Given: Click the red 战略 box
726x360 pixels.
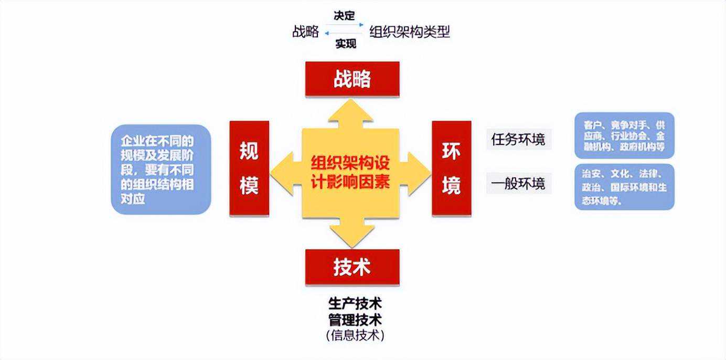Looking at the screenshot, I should click(x=352, y=79).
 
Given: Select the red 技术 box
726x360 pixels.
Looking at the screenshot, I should click(x=352, y=267).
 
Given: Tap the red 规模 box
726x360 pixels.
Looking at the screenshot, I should click(x=249, y=168).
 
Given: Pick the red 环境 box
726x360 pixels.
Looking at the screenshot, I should click(x=451, y=168).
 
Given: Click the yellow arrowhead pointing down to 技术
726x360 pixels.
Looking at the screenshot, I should click(x=351, y=236).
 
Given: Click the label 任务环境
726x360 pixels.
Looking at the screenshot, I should click(x=518, y=140).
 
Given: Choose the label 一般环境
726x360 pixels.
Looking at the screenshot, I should click(x=518, y=184).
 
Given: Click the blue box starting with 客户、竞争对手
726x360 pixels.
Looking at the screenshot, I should click(x=624, y=135).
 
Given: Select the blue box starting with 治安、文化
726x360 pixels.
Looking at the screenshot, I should click(x=624, y=187).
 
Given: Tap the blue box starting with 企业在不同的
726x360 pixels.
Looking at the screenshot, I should click(x=161, y=169).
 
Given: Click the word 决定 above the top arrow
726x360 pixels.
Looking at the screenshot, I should click(x=345, y=16).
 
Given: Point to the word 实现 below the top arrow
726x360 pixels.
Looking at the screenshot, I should click(x=346, y=44).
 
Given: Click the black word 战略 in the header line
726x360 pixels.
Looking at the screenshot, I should click(x=306, y=32).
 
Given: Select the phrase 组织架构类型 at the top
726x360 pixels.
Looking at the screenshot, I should click(x=410, y=32).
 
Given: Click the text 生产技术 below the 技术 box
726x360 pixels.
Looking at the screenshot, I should click(x=355, y=304).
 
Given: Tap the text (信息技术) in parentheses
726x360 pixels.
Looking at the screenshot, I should click(x=355, y=335).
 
